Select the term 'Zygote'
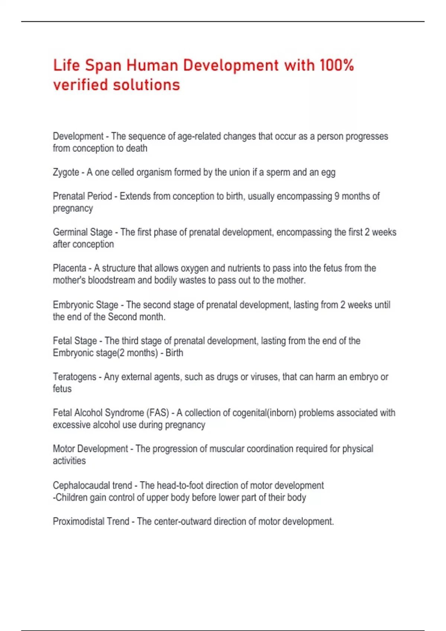(x=66, y=173)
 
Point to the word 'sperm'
(x=278, y=172)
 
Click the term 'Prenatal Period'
(x=82, y=196)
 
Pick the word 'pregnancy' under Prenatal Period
(x=73, y=209)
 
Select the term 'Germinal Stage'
(x=83, y=232)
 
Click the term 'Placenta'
(x=70, y=268)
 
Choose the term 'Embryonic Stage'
(x=85, y=305)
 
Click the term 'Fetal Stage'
(x=75, y=341)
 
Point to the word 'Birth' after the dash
(x=174, y=353)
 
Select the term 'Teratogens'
(x=75, y=377)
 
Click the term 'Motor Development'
(x=90, y=449)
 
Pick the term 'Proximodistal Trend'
(x=91, y=522)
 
